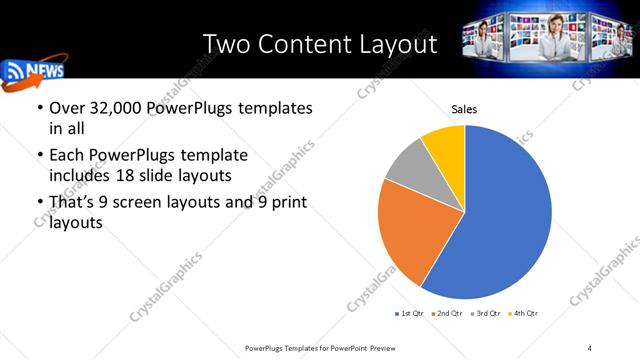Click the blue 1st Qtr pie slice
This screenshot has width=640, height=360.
(500, 220)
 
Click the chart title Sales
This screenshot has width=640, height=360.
(464, 109)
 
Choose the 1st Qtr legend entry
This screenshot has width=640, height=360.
(411, 314)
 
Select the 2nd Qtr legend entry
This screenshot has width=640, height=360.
(447, 314)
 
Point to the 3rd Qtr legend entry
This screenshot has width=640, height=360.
(486, 314)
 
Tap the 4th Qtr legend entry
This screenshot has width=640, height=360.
(524, 314)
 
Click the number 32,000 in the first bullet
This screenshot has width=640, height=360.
(114, 108)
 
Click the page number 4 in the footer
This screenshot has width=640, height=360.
(590, 347)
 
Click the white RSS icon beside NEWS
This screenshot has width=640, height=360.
(16, 71)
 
